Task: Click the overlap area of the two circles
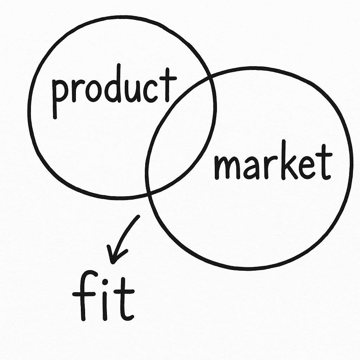[x=179, y=137]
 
